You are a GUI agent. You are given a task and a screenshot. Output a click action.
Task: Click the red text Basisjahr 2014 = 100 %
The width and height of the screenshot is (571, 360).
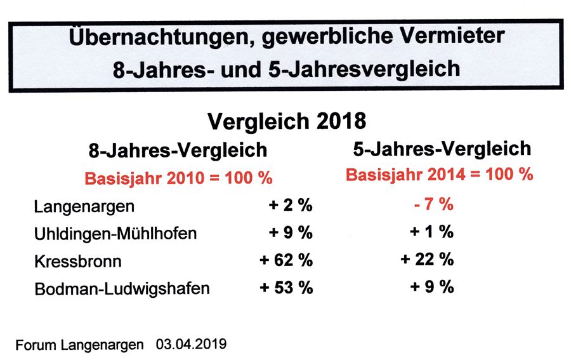(440, 175)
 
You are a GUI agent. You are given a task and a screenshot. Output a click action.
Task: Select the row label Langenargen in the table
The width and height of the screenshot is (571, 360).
(84, 207)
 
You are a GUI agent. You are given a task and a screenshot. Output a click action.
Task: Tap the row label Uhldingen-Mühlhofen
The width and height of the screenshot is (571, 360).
(115, 234)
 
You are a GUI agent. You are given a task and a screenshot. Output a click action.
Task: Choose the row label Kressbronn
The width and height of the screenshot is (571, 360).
(78, 261)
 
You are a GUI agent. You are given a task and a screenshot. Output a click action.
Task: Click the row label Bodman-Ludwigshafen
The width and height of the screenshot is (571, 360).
(122, 288)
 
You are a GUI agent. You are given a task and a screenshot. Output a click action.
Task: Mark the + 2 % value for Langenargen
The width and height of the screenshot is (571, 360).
(290, 206)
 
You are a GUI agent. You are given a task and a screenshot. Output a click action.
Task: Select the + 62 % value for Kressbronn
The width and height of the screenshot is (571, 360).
(286, 260)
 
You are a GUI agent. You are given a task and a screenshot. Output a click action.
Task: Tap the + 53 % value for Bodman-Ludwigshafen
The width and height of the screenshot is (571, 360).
(286, 288)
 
